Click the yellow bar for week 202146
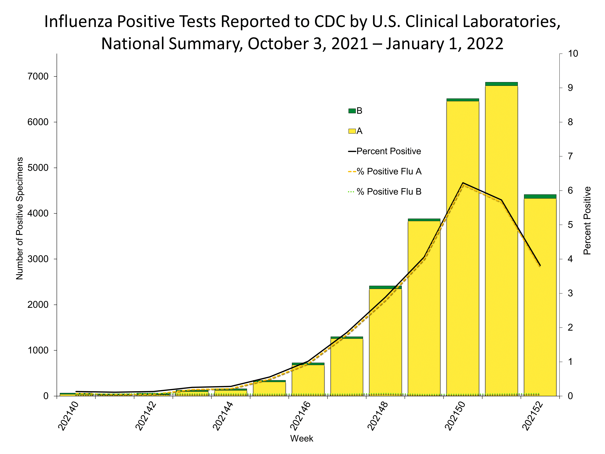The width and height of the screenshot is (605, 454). pos(308,380)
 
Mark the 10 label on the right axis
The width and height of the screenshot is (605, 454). pos(573,54)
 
